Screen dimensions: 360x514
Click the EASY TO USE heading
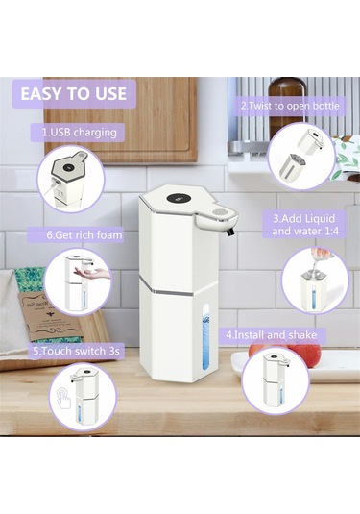tap(73, 94)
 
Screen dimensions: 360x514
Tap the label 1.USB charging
tap(80, 133)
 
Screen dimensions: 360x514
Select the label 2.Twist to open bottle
tap(290, 106)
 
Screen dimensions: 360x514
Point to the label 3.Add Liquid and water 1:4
tap(305, 225)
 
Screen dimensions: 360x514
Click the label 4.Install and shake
tap(272, 335)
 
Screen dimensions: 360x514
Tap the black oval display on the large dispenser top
tap(179, 199)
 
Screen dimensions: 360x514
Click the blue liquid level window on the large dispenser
tap(206, 337)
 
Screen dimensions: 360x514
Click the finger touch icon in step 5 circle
tap(64, 398)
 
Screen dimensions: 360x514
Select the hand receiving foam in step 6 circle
tap(92, 272)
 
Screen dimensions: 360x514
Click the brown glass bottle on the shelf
tap(287, 108)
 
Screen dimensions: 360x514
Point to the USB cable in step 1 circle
tap(50, 189)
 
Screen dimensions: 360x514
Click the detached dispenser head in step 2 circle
tap(311, 141)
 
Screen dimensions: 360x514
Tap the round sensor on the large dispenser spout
tap(219, 212)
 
